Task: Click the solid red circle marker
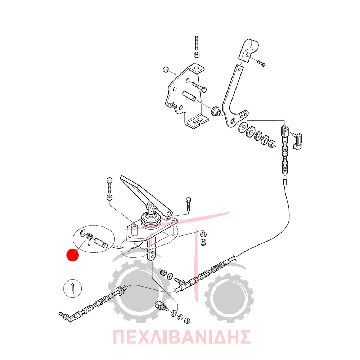pyautogui.click(x=73, y=255)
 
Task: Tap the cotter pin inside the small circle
pyautogui.click(x=73, y=288)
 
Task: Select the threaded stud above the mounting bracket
pyautogui.click(x=197, y=44)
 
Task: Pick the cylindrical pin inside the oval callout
pyautogui.click(x=100, y=243)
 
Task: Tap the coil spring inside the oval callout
pyautogui.click(x=89, y=236)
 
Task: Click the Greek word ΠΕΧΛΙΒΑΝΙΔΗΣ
pyautogui.click(x=181, y=337)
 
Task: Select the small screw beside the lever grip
pyautogui.click(x=261, y=63)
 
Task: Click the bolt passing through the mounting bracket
pyautogui.click(x=199, y=87)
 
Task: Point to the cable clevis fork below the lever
pyautogui.click(x=285, y=132)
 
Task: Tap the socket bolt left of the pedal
pyautogui.click(x=109, y=185)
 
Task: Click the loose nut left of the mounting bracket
pyautogui.click(x=166, y=69)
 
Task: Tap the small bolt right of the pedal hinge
pyautogui.click(x=188, y=204)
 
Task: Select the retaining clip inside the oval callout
pyautogui.click(x=83, y=233)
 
